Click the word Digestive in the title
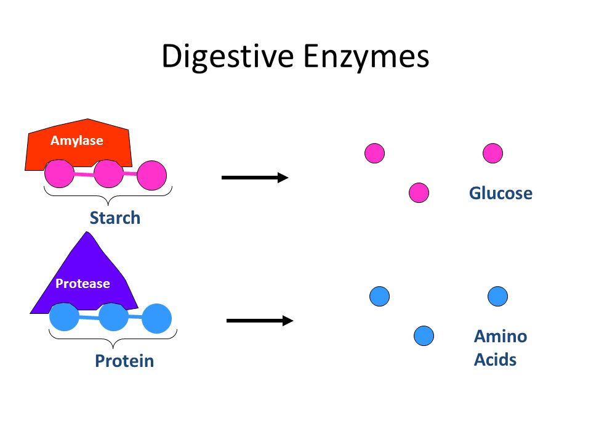tap(228, 57)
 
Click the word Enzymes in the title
tap(366, 57)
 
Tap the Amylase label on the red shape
tap(77, 141)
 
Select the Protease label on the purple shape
tap(82, 284)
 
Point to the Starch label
tap(115, 218)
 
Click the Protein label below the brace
tap(124, 361)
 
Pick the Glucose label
tap(501, 193)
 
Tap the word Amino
tap(501, 336)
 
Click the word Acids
tap(495, 360)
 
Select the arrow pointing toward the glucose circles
tap(255, 178)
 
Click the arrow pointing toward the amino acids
tap(260, 321)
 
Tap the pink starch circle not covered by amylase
tap(152, 175)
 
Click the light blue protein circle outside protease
tap(157, 318)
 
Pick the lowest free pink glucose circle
tap(419, 193)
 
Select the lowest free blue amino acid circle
tap(424, 335)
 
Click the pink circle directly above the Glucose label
tap(492, 154)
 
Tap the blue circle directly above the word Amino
tap(497, 296)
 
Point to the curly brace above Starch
tap(108, 196)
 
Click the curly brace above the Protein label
tap(113, 339)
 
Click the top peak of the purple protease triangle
tap(88, 232)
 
